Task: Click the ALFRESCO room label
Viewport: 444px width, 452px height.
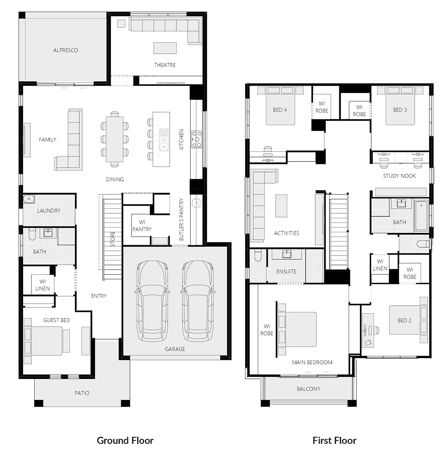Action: (x=65, y=50)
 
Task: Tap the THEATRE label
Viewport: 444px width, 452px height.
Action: (x=165, y=65)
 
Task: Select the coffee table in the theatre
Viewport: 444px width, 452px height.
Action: (x=165, y=48)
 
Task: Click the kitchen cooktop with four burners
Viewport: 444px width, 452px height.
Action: (x=197, y=140)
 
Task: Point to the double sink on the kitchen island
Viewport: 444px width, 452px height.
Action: (x=164, y=140)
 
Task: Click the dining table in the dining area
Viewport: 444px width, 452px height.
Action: (x=115, y=139)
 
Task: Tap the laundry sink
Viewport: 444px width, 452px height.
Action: (x=29, y=199)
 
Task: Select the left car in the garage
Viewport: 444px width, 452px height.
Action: (x=152, y=301)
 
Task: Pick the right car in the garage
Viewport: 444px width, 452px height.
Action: (x=198, y=301)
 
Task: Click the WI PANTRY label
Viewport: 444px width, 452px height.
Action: (x=142, y=226)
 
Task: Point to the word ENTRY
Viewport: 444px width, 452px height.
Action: (x=99, y=296)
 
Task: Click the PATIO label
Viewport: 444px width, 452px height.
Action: (x=82, y=393)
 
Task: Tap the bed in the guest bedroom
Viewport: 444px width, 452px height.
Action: (x=47, y=341)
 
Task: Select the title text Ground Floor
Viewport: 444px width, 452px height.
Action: (x=125, y=440)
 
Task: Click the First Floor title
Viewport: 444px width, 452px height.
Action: (x=334, y=440)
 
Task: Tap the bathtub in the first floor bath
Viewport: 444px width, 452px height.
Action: (x=421, y=216)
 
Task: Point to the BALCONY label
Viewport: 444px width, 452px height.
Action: (x=308, y=389)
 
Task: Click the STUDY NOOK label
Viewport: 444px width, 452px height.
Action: (x=399, y=176)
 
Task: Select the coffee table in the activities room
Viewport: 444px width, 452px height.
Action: (x=281, y=205)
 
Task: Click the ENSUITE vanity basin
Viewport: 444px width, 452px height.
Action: (x=287, y=254)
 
